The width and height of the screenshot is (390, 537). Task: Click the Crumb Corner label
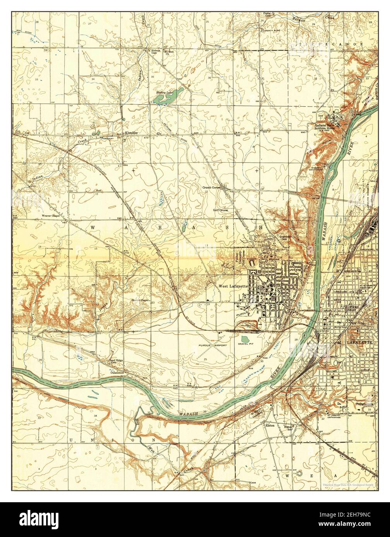(211, 187)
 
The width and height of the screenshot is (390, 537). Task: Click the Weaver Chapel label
(51, 216)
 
